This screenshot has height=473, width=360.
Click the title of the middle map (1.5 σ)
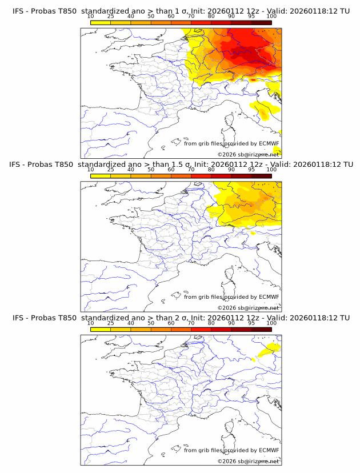click(x=181, y=165)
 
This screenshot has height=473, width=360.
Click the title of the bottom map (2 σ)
click(x=181, y=318)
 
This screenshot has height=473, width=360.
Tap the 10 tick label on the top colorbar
click(x=91, y=17)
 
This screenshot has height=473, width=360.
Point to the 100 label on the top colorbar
click(x=271, y=17)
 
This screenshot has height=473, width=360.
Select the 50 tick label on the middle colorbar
click(x=151, y=170)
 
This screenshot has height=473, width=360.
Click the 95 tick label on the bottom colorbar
click(x=251, y=323)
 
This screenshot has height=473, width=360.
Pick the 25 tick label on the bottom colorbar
click(x=111, y=323)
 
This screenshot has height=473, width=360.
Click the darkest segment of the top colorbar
click(x=261, y=23)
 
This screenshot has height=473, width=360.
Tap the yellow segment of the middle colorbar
click(x=101, y=176)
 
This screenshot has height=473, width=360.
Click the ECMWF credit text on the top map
click(x=231, y=144)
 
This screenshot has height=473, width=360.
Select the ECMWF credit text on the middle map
click(x=231, y=297)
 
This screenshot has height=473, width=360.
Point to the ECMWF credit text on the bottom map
click(x=231, y=451)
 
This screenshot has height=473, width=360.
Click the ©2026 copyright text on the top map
click(x=249, y=154)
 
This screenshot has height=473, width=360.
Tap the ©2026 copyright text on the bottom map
click(x=249, y=461)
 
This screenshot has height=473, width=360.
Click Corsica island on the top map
click(x=228, y=122)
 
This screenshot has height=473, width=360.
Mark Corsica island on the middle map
click(x=228, y=275)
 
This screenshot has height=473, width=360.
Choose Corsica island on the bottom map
click(x=228, y=428)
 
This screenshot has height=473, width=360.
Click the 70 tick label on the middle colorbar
click(x=191, y=170)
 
